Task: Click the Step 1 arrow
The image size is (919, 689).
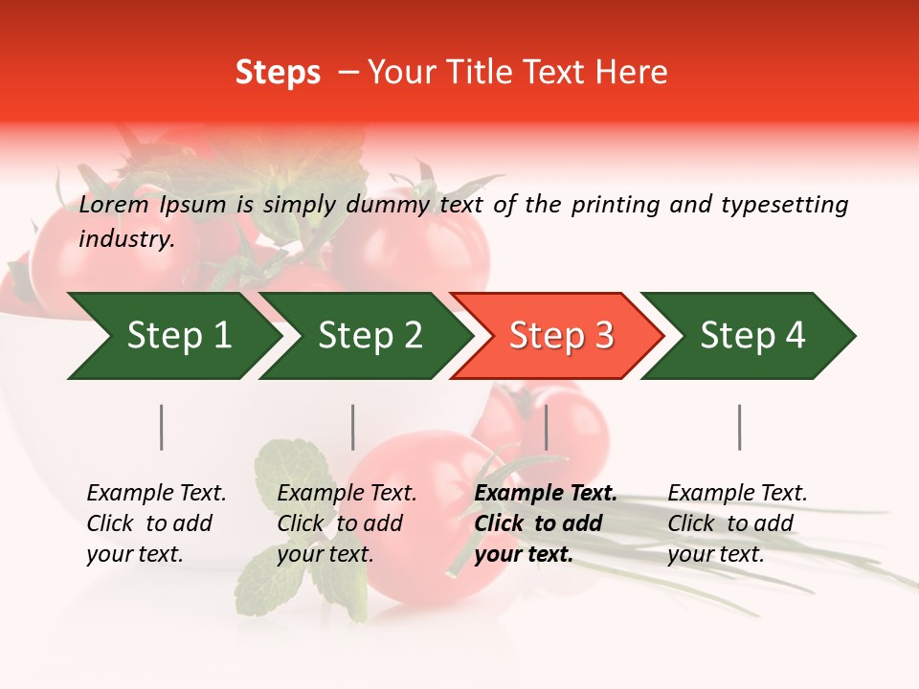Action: [172, 336]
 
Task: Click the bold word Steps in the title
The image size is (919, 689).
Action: [278, 73]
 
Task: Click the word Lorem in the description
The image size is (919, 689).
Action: [114, 205]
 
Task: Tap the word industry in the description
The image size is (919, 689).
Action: [125, 239]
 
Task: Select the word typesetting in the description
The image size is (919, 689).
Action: [784, 205]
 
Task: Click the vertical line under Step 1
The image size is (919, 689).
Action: [162, 427]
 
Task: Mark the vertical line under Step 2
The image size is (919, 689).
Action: [353, 427]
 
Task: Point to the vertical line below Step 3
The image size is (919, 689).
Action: [547, 427]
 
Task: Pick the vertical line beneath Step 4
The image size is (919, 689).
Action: [740, 427]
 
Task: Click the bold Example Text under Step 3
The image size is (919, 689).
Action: [546, 494]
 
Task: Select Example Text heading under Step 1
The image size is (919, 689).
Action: [156, 494]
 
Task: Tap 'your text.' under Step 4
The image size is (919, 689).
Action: [715, 554]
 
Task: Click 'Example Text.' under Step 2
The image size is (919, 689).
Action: [347, 494]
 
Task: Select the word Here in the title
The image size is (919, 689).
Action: [633, 73]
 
